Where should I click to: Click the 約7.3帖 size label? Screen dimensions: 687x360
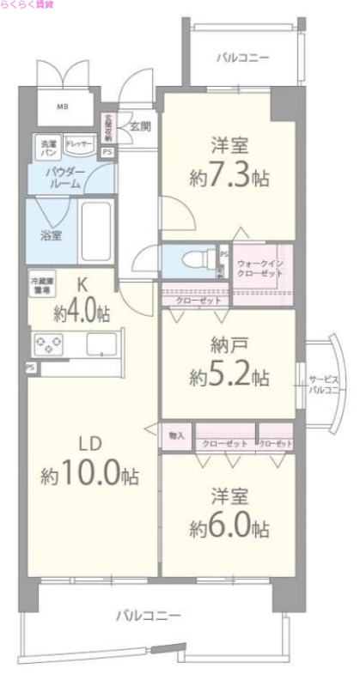pyautogui.click(x=229, y=176)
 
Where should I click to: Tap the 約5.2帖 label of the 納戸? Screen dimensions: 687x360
pyautogui.click(x=229, y=376)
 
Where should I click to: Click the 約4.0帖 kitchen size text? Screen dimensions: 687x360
pyautogui.click(x=82, y=312)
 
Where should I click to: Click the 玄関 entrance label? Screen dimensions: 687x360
pyautogui.click(x=140, y=125)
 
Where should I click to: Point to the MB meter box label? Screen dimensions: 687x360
pyautogui.click(x=62, y=106)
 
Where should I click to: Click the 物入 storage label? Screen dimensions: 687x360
pyautogui.click(x=177, y=435)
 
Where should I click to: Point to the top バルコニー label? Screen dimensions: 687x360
pyautogui.click(x=242, y=58)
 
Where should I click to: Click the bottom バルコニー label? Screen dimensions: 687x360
pyautogui.click(x=149, y=616)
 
